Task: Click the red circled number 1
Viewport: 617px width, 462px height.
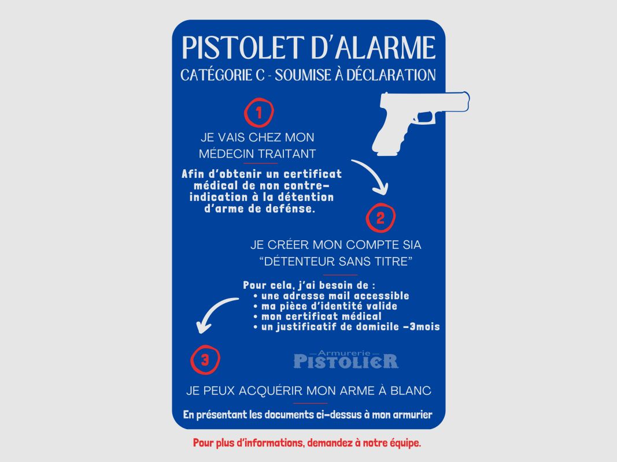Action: pos(259,113)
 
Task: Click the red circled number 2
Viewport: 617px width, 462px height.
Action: pos(380,218)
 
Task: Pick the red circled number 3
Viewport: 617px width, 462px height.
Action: pos(205,360)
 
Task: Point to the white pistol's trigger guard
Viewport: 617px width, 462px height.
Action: pos(424,117)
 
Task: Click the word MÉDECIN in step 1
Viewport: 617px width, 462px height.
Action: pos(226,154)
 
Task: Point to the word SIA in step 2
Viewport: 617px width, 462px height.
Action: pos(412,245)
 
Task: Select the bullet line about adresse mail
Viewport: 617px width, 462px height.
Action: pos(331,296)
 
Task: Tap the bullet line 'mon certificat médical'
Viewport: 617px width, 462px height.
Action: pos(317,316)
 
